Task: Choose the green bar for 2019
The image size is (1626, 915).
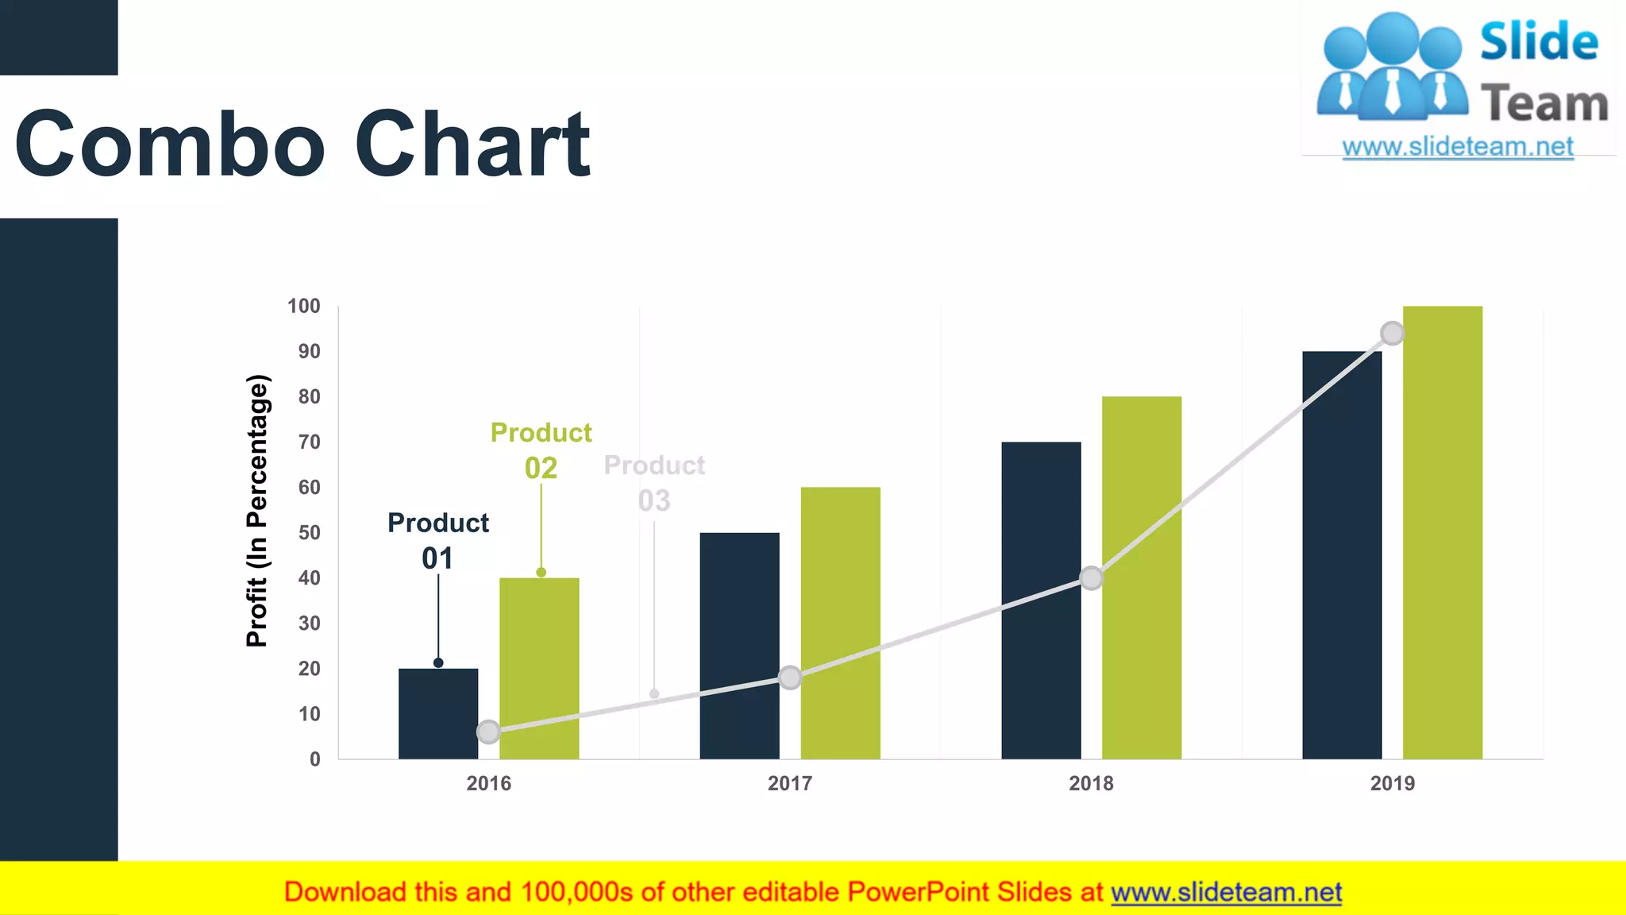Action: [x=1442, y=532]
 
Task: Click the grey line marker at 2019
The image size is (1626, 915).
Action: [x=1392, y=333]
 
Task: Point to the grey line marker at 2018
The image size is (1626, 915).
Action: [x=1092, y=578]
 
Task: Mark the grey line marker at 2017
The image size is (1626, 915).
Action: [x=790, y=678]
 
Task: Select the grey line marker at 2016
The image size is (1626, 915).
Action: [x=488, y=732]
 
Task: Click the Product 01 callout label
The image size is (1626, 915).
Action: [x=438, y=540]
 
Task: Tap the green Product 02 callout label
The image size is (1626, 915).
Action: [x=541, y=450]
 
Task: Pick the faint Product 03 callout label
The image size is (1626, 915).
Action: [x=654, y=482]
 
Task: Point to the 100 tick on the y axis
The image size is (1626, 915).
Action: [x=304, y=307]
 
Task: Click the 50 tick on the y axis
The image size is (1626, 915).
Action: [x=309, y=533]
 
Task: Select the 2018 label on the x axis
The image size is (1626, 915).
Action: [x=1091, y=783]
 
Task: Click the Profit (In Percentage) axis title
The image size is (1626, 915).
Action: [x=257, y=511]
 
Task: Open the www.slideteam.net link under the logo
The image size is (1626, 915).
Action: [x=1458, y=147]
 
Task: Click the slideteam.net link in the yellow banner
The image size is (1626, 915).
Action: [x=1226, y=892]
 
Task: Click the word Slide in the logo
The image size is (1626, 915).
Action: [x=1539, y=42]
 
